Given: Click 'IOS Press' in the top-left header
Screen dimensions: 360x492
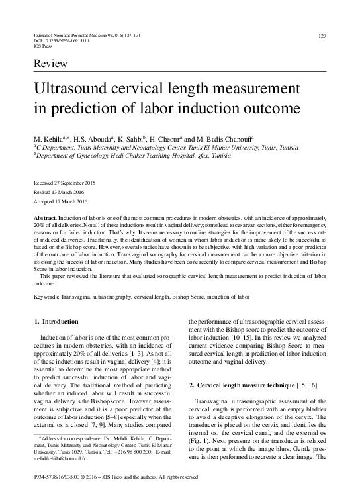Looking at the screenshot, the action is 42,47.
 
